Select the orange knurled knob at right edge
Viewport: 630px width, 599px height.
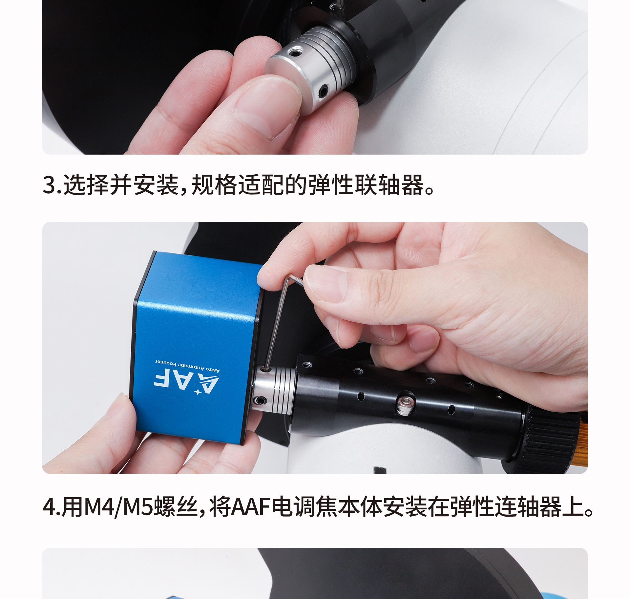click(x=582, y=437)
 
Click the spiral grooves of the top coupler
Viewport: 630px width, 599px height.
click(x=331, y=56)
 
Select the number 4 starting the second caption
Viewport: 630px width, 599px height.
click(x=49, y=507)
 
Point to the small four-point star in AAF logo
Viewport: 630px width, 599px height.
click(x=198, y=392)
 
